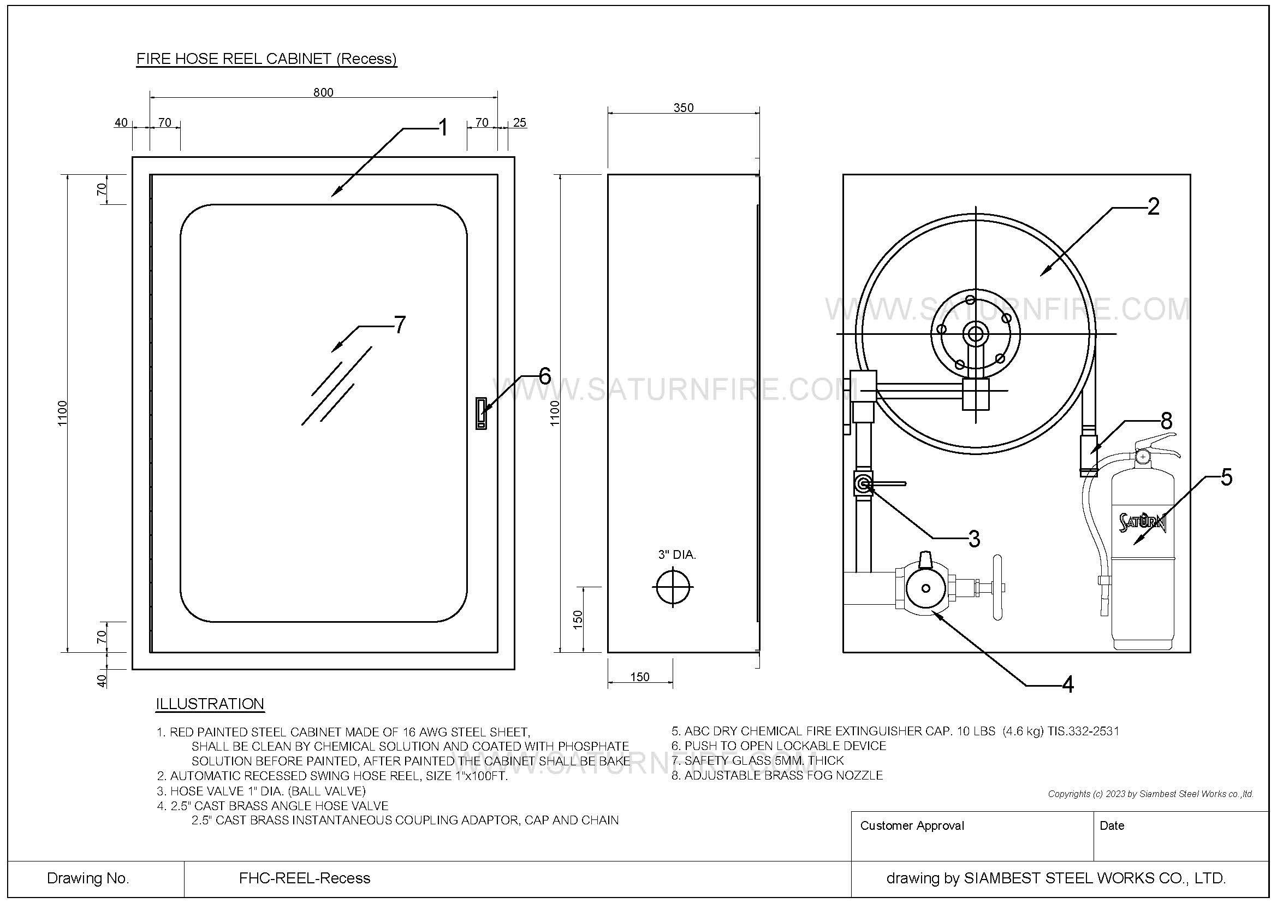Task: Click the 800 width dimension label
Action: (323, 92)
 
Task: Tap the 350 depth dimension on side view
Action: (683, 108)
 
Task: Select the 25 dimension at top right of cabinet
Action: (519, 123)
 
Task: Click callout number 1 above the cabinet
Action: (443, 128)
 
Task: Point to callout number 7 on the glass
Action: (399, 324)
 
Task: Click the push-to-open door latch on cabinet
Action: (480, 414)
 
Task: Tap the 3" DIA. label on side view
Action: (677, 554)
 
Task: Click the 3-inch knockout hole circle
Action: (673, 587)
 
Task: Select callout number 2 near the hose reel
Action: (1153, 207)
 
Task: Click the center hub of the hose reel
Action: (976, 334)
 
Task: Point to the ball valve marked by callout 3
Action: (863, 484)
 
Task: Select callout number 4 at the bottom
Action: (1067, 685)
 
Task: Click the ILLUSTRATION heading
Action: (210, 704)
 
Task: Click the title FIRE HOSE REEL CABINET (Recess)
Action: (266, 59)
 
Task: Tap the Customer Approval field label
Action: (912, 825)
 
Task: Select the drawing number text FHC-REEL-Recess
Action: (304, 878)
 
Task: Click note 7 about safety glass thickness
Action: (758, 760)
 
